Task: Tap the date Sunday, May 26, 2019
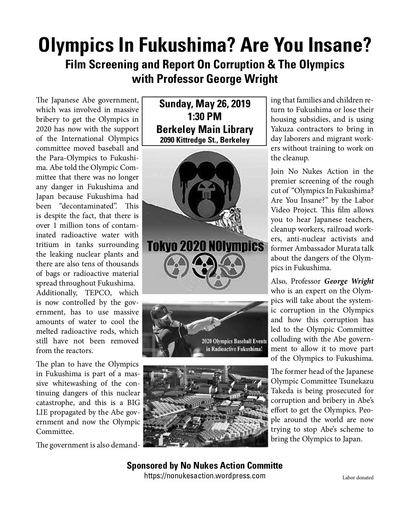[x=205, y=104]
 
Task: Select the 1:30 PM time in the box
[x=205, y=116]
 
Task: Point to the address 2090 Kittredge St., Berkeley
[x=205, y=140]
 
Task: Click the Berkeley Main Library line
[x=205, y=129]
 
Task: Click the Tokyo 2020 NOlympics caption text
[x=205, y=247]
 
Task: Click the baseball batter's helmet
[x=164, y=313]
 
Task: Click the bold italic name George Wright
[x=349, y=281]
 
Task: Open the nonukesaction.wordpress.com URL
[x=205, y=476]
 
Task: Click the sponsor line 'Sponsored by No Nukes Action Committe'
[x=205, y=465]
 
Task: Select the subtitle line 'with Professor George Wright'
[x=205, y=79]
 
